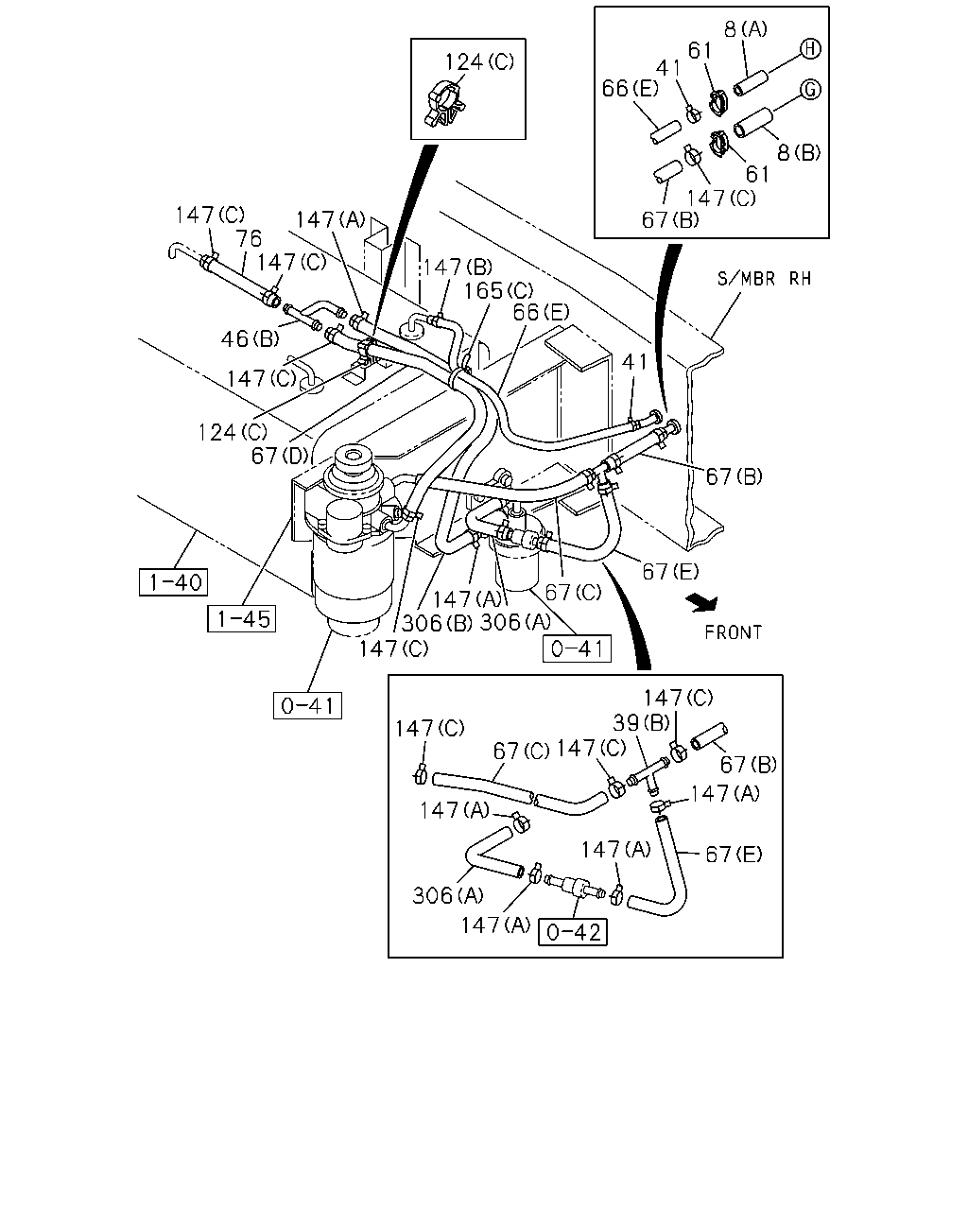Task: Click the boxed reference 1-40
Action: coord(173,582)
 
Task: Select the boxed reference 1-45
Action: coord(242,618)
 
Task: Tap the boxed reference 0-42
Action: coord(573,932)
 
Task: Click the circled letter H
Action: coord(810,49)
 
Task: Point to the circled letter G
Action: coord(810,90)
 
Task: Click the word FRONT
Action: coord(733,632)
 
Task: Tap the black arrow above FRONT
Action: coord(702,603)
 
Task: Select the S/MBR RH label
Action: coord(765,278)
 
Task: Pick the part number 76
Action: coord(249,238)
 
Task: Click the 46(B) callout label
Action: coord(251,338)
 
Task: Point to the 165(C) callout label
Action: coord(498,291)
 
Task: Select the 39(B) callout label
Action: coord(641,722)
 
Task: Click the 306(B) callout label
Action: coord(437,622)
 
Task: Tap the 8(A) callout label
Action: coord(746,28)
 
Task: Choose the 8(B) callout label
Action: coord(799,152)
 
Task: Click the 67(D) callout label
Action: coord(280,456)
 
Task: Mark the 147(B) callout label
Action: coord(458,267)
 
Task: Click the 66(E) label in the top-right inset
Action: coord(630,88)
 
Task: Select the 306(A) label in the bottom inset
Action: coord(448,895)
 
